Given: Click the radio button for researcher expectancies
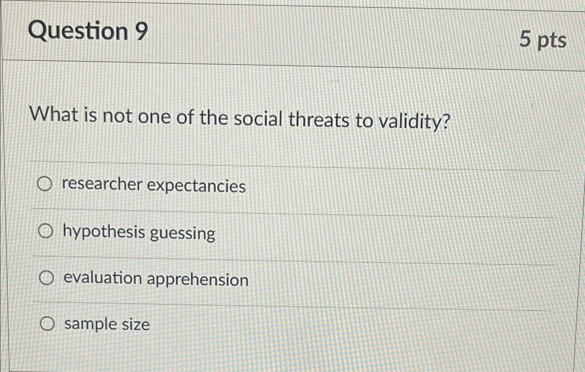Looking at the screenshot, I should [x=45, y=184].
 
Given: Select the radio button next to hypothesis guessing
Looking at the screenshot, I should [x=46, y=231].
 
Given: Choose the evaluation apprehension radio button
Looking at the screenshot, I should [x=46, y=278].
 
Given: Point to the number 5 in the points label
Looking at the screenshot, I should [x=525, y=39].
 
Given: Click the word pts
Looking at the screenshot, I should [x=552, y=41].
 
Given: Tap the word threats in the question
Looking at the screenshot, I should [x=318, y=120].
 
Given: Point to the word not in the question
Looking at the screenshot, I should [x=117, y=116].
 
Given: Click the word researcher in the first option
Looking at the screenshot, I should [x=102, y=184].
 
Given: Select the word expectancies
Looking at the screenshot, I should [x=196, y=186].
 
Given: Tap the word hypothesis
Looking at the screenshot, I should [x=104, y=232].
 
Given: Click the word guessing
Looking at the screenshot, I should [x=182, y=234].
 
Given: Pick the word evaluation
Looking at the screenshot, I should [x=103, y=278].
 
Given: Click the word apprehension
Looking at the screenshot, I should [x=198, y=280].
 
